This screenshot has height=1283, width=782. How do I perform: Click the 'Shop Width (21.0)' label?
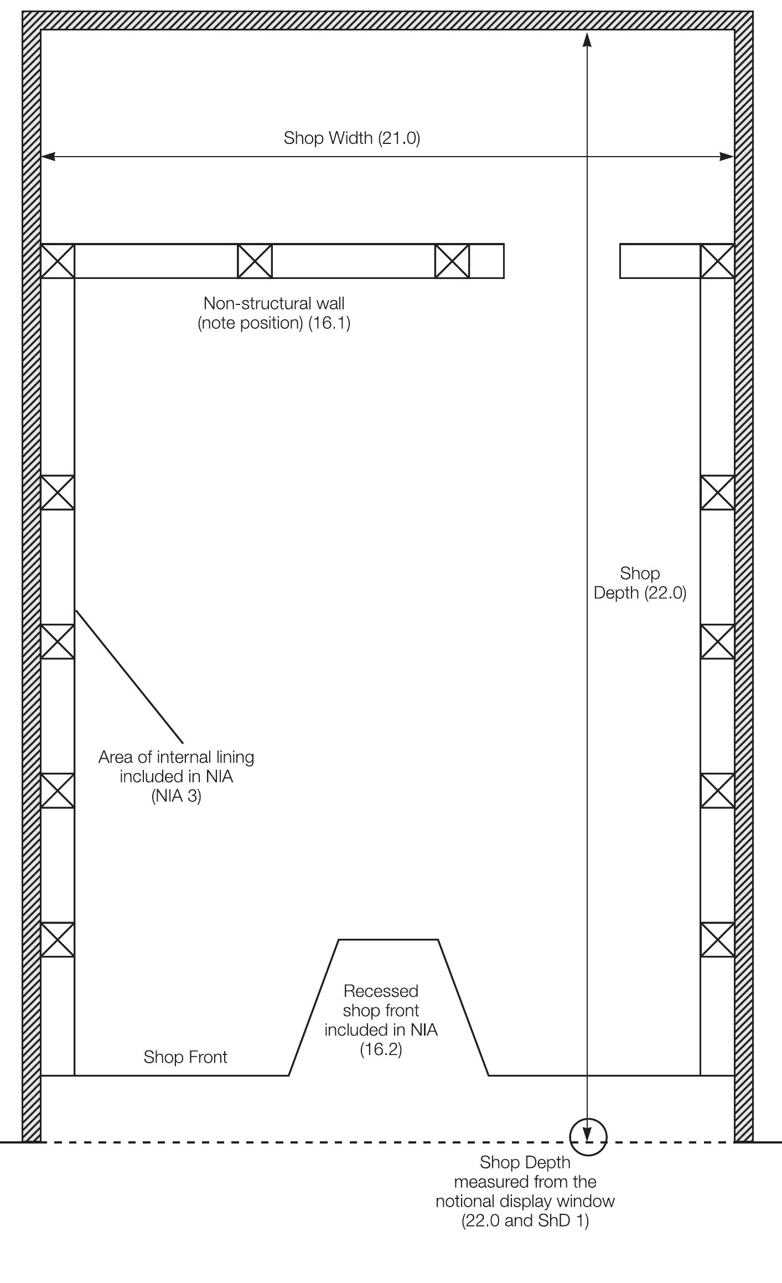(x=352, y=138)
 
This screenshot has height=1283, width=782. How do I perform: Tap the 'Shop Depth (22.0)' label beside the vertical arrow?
(x=640, y=583)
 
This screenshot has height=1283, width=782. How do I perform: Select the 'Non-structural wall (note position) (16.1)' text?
(x=274, y=313)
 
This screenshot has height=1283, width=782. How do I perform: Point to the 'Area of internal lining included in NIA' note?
(x=176, y=767)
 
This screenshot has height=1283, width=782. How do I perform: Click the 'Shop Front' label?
(x=185, y=1057)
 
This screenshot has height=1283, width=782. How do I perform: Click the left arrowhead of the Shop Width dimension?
(x=48, y=157)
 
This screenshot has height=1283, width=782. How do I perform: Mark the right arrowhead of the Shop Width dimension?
(x=727, y=157)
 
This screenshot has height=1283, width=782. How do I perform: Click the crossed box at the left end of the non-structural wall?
(x=58, y=261)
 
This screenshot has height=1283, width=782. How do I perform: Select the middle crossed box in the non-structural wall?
(x=255, y=261)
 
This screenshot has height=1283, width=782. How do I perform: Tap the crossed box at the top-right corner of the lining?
(x=717, y=261)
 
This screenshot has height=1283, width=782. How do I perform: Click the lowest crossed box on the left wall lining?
(x=58, y=939)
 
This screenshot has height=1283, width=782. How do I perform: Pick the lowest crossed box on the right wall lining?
(x=717, y=939)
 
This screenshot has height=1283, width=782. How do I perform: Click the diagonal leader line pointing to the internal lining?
(x=129, y=676)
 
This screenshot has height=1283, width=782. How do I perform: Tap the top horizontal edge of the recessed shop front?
(x=388, y=939)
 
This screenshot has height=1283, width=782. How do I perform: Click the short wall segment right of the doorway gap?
(x=660, y=261)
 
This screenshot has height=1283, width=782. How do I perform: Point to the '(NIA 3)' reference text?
(x=176, y=796)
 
